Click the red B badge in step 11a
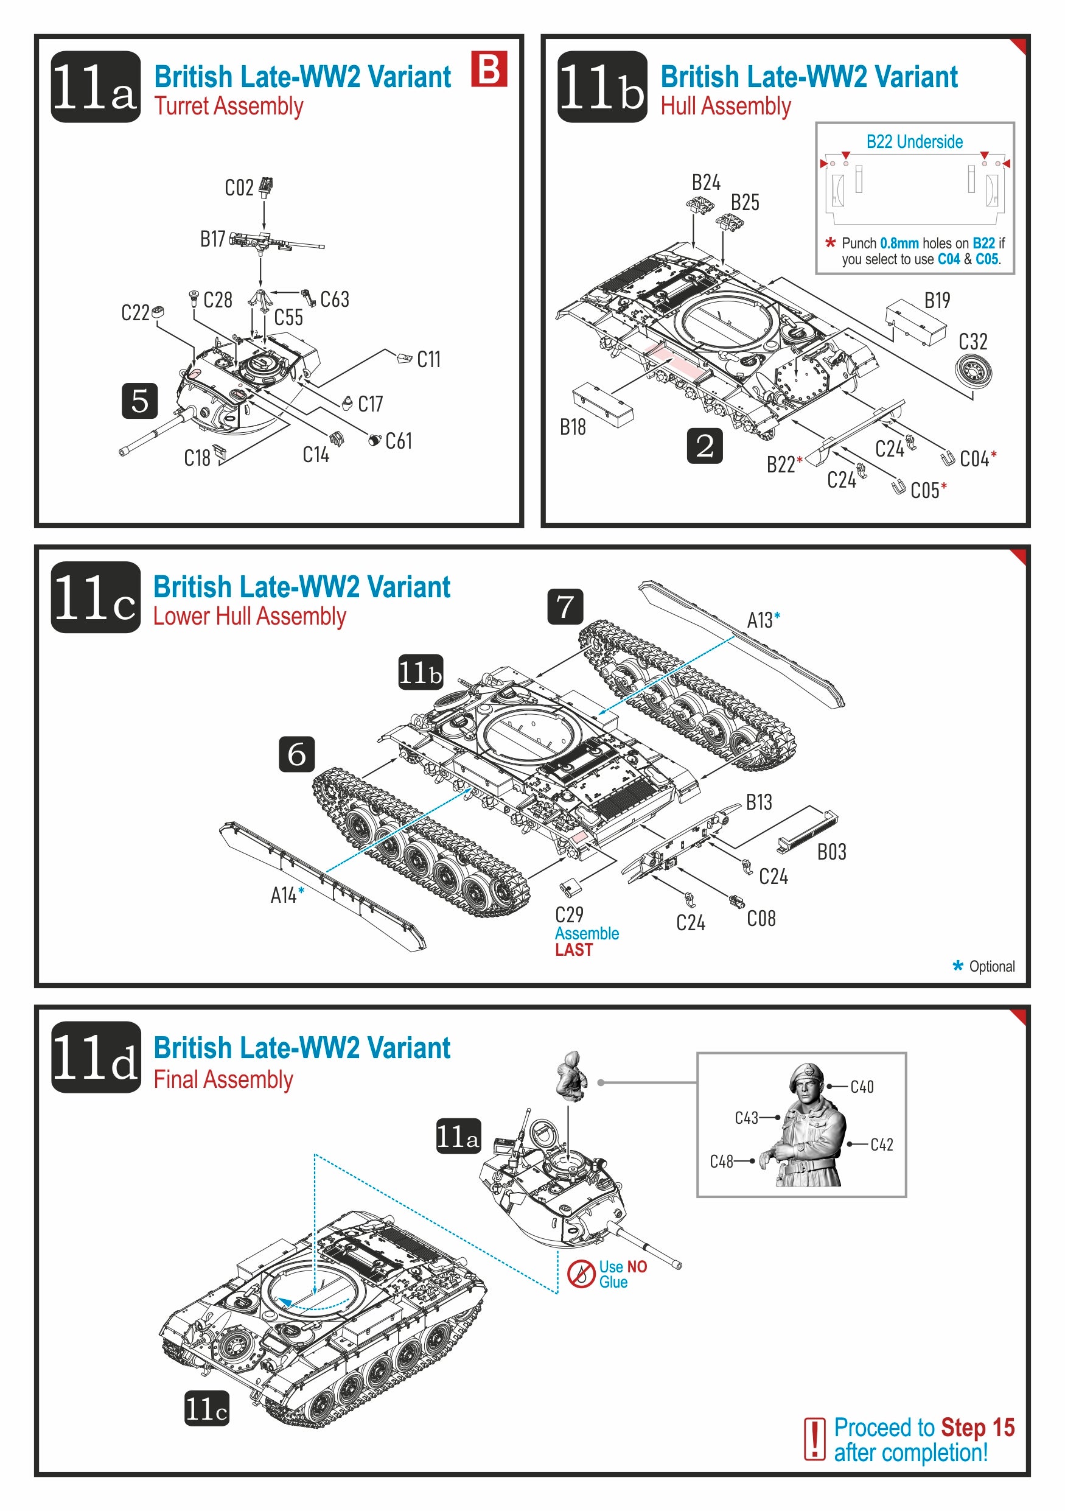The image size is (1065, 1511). (x=489, y=69)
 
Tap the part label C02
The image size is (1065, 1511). (x=239, y=188)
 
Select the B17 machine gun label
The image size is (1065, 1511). (x=212, y=239)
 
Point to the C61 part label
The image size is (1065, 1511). (x=399, y=441)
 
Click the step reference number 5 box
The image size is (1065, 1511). (x=139, y=401)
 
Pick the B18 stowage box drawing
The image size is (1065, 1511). (x=602, y=405)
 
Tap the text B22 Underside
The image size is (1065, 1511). (x=914, y=141)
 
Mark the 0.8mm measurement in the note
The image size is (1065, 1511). (x=899, y=243)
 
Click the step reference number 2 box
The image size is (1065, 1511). (x=705, y=446)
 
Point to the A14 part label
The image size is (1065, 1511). (x=284, y=895)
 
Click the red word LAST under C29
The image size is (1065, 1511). (x=574, y=950)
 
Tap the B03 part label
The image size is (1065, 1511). (x=831, y=852)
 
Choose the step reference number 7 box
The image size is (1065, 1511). (x=565, y=606)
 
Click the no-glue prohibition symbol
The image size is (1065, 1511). (x=581, y=1274)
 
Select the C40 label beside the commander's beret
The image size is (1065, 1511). (x=862, y=1087)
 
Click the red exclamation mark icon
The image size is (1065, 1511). (x=814, y=1439)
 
